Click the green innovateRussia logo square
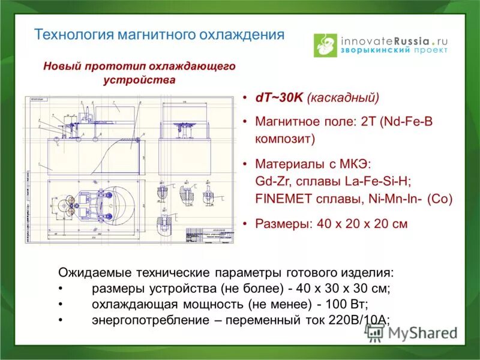(x=326, y=45)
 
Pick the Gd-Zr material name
(x=273, y=181)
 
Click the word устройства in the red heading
(x=139, y=79)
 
